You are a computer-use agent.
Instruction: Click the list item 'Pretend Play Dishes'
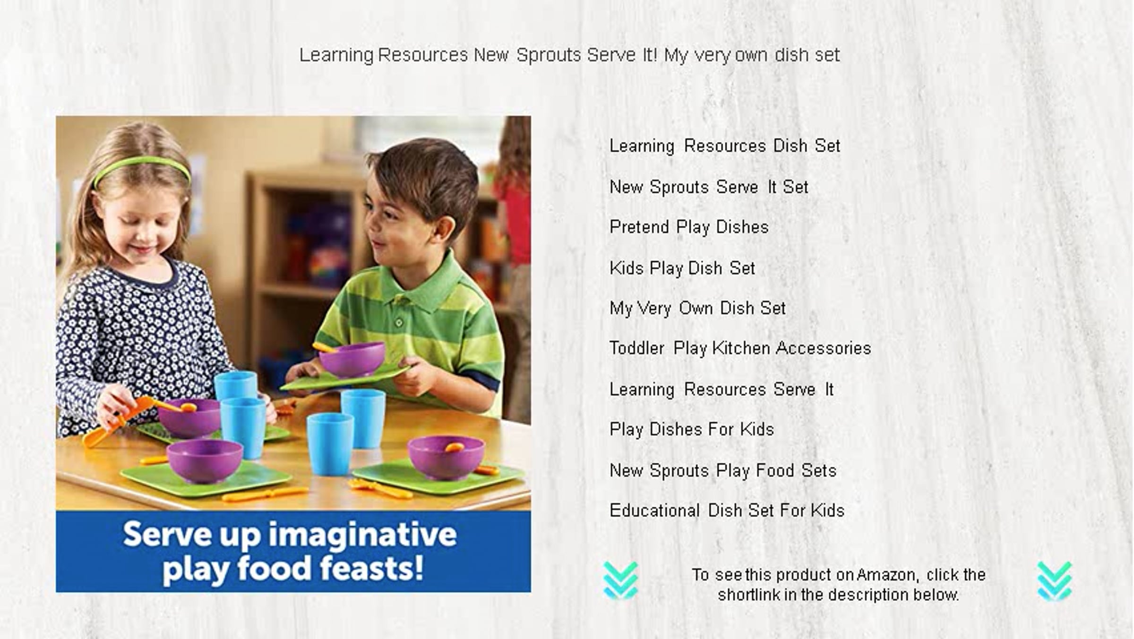(689, 227)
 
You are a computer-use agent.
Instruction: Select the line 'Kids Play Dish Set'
(682, 268)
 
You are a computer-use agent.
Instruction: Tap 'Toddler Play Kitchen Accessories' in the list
(740, 348)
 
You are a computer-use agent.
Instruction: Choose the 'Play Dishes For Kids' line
(692, 430)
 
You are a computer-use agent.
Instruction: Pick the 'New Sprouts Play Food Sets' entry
(723, 471)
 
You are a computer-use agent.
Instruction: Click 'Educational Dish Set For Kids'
(727, 510)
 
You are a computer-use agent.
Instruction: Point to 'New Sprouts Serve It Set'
(709, 187)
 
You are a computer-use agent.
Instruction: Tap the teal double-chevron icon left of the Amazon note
(620, 581)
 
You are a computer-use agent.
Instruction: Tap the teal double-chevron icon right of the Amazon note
(1055, 581)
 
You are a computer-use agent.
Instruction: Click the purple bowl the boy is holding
(352, 359)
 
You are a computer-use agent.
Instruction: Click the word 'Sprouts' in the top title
(549, 55)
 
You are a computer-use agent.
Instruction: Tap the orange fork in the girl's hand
(118, 423)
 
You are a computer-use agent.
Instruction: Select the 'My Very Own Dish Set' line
(697, 309)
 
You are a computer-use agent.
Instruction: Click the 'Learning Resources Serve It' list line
(721, 390)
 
